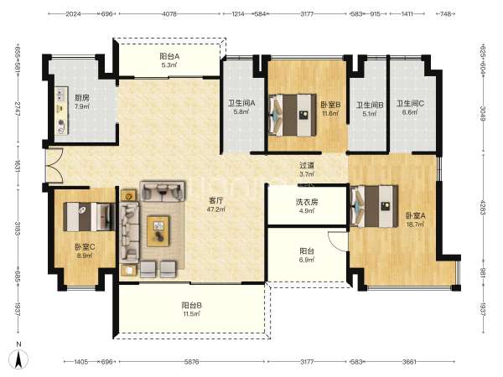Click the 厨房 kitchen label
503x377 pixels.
(x=82, y=98)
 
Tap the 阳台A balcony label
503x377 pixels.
(x=169, y=56)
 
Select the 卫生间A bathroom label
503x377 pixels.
(x=241, y=103)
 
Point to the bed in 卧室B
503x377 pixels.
(x=293, y=115)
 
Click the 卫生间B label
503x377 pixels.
(x=370, y=105)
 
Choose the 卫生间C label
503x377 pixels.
(x=410, y=104)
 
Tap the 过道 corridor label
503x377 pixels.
(x=307, y=166)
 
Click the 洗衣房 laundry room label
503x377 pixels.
(x=307, y=202)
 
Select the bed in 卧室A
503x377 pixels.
(x=374, y=206)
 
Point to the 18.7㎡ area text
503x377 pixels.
(x=416, y=225)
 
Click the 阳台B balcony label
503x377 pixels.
(x=191, y=305)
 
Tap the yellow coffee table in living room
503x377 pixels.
(x=158, y=231)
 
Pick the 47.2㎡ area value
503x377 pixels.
(x=216, y=209)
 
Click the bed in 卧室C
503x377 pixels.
(x=89, y=216)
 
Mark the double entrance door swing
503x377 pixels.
(x=54, y=166)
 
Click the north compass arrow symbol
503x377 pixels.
(x=18, y=359)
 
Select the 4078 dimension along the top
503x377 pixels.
(x=169, y=14)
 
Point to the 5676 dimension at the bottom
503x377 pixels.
(x=191, y=362)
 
